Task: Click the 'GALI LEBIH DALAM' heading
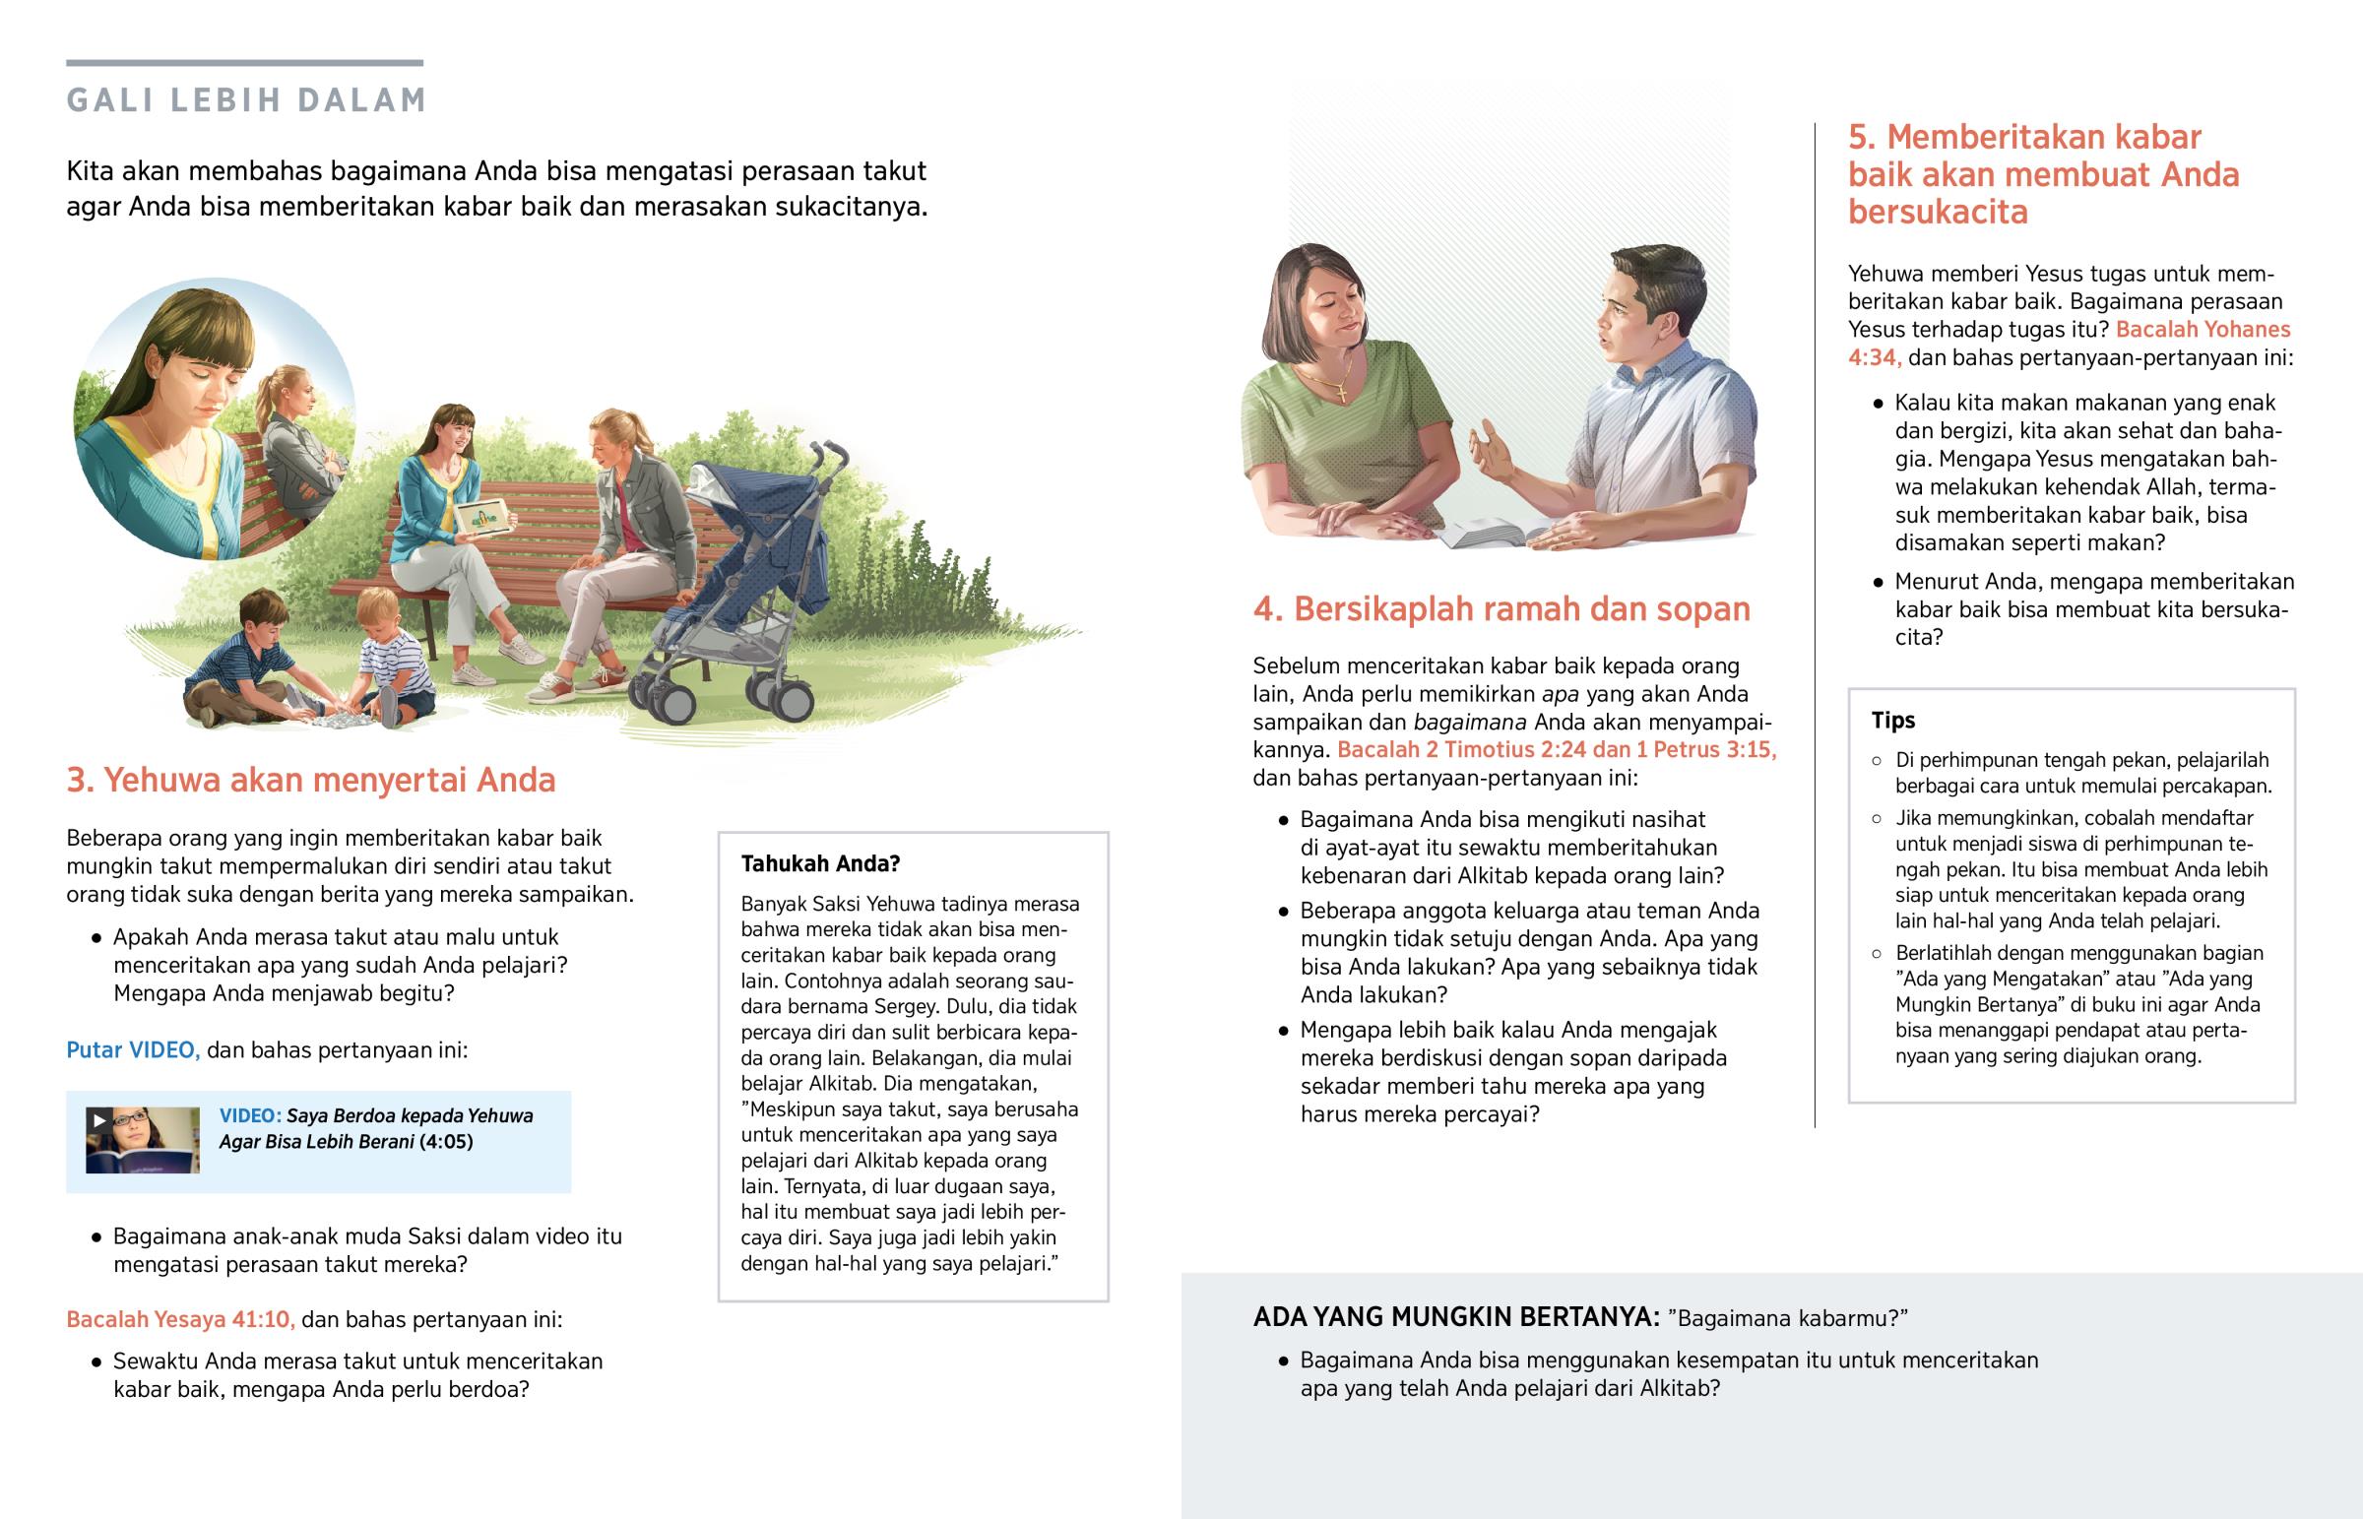tap(245, 99)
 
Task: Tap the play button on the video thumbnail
tap(98, 1119)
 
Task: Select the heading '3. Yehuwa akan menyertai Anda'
tap(311, 781)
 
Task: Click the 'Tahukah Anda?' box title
tap(820, 864)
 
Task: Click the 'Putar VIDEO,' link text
tap(132, 1049)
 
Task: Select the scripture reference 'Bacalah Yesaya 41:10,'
tap(180, 1319)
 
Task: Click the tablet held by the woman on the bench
tap(482, 516)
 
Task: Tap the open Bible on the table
tap(1490, 534)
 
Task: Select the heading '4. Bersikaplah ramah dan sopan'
tap(1501, 608)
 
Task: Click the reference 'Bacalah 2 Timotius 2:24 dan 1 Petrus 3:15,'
tap(1557, 749)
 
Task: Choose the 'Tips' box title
tap(1892, 720)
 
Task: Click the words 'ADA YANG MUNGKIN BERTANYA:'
tap(1455, 1317)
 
